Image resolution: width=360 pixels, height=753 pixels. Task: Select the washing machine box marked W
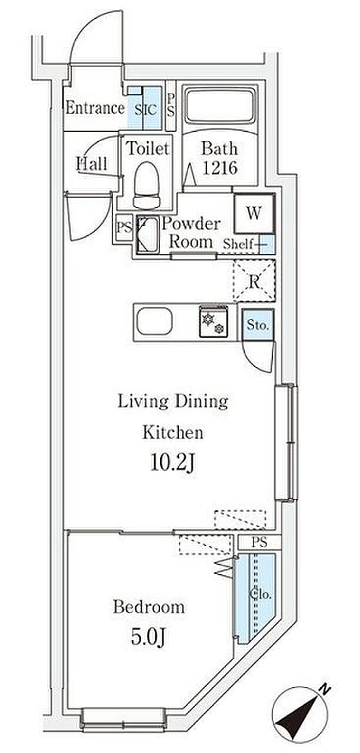point(254,213)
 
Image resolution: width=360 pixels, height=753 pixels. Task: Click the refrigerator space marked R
point(254,281)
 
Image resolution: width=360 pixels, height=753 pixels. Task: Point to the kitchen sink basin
point(155,321)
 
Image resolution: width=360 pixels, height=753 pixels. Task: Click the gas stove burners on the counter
point(214,321)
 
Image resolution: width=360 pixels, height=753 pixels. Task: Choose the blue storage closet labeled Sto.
point(258,325)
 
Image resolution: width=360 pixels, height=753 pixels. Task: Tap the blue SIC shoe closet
point(145,108)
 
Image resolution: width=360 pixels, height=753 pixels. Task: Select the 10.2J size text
point(172,464)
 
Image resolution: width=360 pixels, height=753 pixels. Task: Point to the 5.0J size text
point(148,637)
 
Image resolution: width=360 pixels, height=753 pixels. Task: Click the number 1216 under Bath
point(220,168)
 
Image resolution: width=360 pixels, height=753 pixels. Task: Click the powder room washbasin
point(147,234)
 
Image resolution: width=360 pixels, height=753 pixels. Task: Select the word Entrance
point(95,108)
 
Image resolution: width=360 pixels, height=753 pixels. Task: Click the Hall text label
point(92,164)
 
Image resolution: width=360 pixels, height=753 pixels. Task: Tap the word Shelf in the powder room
point(238,244)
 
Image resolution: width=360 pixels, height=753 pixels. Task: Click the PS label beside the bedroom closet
point(259,542)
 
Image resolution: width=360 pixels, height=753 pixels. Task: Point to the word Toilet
point(148,148)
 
